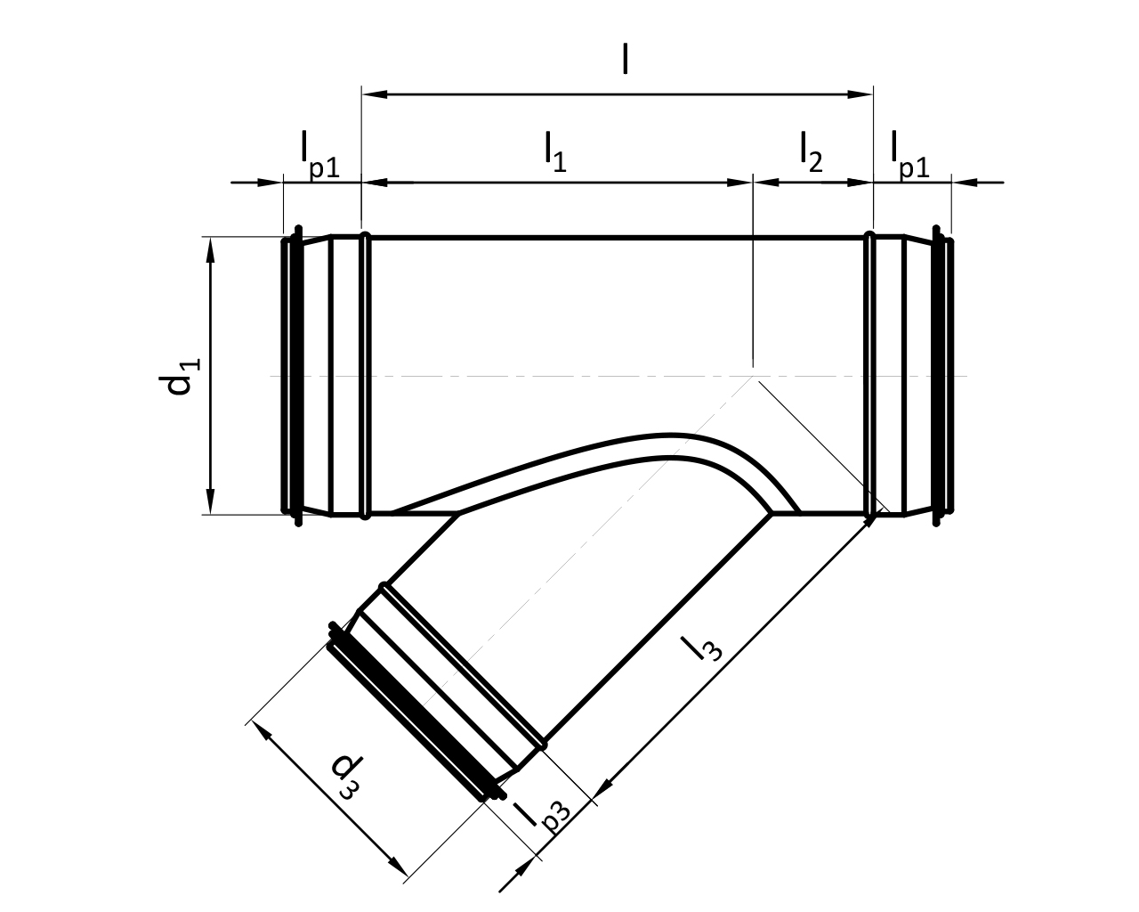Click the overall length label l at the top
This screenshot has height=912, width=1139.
(625, 60)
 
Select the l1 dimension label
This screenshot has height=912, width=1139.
(556, 153)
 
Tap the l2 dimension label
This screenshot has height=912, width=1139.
(812, 153)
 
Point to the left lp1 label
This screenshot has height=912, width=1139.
(319, 155)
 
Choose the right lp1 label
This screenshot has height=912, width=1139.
(910, 155)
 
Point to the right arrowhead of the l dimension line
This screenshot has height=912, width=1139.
(860, 94)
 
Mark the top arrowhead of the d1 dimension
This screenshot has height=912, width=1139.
(211, 250)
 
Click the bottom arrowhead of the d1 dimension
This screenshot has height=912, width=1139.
(211, 501)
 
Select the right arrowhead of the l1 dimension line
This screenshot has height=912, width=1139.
(740, 183)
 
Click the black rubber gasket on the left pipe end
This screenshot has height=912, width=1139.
(298, 376)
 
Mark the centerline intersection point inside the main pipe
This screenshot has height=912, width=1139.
(753, 376)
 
